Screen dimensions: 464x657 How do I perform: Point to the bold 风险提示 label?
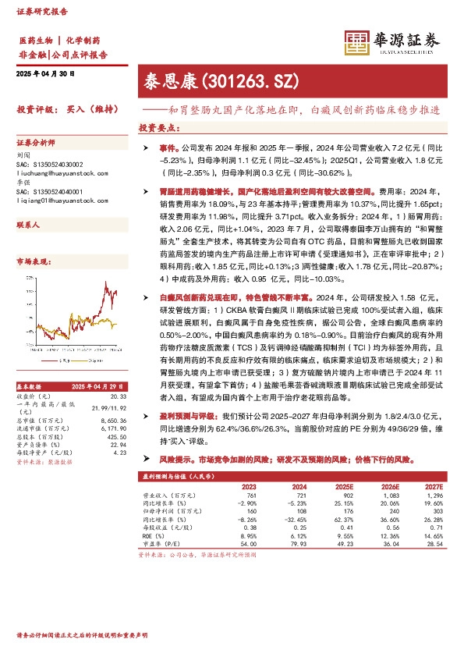coord(175,460)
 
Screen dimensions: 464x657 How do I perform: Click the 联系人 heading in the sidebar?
coord(28,224)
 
